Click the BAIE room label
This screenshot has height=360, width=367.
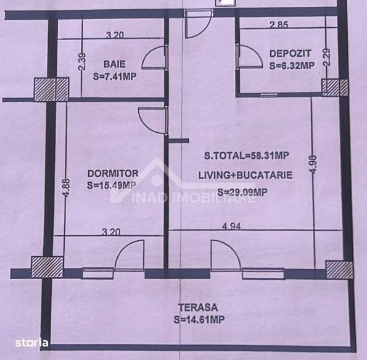pos(114,64)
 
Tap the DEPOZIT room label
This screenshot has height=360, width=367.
pos(291,54)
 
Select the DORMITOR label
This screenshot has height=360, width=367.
pos(113,174)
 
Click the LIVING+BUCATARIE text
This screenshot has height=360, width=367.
pos(245,175)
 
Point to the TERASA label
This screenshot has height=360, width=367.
pos(198,308)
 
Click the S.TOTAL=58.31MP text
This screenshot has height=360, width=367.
pos(247,156)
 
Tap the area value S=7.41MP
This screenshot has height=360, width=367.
pos(115,77)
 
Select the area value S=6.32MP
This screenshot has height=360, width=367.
pos(292,65)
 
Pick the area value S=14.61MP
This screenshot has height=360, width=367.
pos(199,319)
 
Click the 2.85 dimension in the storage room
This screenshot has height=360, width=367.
pos(279,25)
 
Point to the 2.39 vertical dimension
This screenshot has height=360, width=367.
pos(83,61)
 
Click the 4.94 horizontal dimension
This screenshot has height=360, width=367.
pos(231,227)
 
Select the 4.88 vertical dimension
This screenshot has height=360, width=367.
pos(66,188)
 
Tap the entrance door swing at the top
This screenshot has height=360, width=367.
pos(199,23)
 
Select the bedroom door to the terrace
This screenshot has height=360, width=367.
pos(129,256)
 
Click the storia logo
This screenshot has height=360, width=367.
pos(31,343)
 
